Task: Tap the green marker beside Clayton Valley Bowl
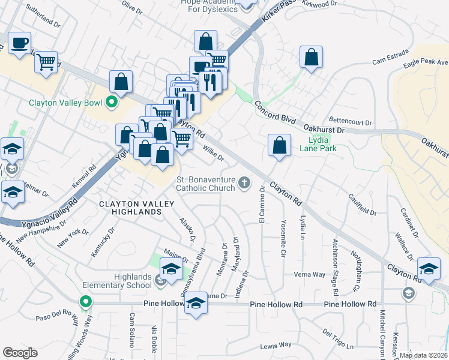[x=111, y=103]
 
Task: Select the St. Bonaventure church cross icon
[x=244, y=182]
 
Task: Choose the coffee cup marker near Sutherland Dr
[x=20, y=43]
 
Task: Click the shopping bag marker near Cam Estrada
[x=311, y=58]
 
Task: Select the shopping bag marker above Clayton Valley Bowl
[x=121, y=82]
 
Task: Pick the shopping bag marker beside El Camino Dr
[x=279, y=146]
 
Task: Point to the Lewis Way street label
[x=276, y=346]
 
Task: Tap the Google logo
[x=20, y=353]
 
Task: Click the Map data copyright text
[x=423, y=355]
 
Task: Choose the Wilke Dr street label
[x=213, y=154]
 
